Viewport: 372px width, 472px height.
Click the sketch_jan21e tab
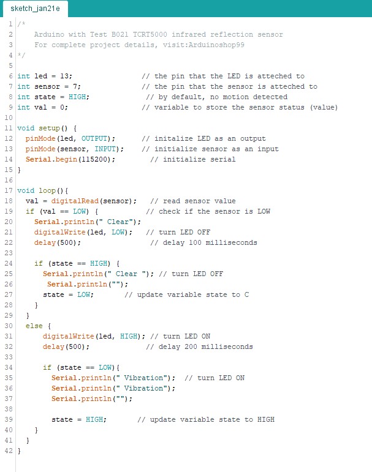(36, 9)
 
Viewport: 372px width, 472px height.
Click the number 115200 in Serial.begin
(94, 159)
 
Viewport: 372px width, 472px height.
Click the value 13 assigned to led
(64, 76)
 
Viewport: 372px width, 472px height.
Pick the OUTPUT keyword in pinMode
(94, 138)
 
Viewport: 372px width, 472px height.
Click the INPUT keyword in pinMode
(105, 149)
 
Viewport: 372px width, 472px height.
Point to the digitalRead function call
(75, 201)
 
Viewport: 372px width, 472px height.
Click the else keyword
(34, 326)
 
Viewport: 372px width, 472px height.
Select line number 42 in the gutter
(9, 451)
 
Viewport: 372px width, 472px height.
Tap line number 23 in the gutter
(9, 253)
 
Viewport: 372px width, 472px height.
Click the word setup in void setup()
(49, 128)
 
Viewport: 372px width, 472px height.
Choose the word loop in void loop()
(47, 190)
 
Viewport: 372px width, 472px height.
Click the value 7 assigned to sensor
(75, 86)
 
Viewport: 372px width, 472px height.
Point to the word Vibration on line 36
(143, 388)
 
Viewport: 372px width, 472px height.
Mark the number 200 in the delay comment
(191, 347)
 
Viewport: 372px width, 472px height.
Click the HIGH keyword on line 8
(77, 97)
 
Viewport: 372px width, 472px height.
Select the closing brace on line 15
(19, 170)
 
